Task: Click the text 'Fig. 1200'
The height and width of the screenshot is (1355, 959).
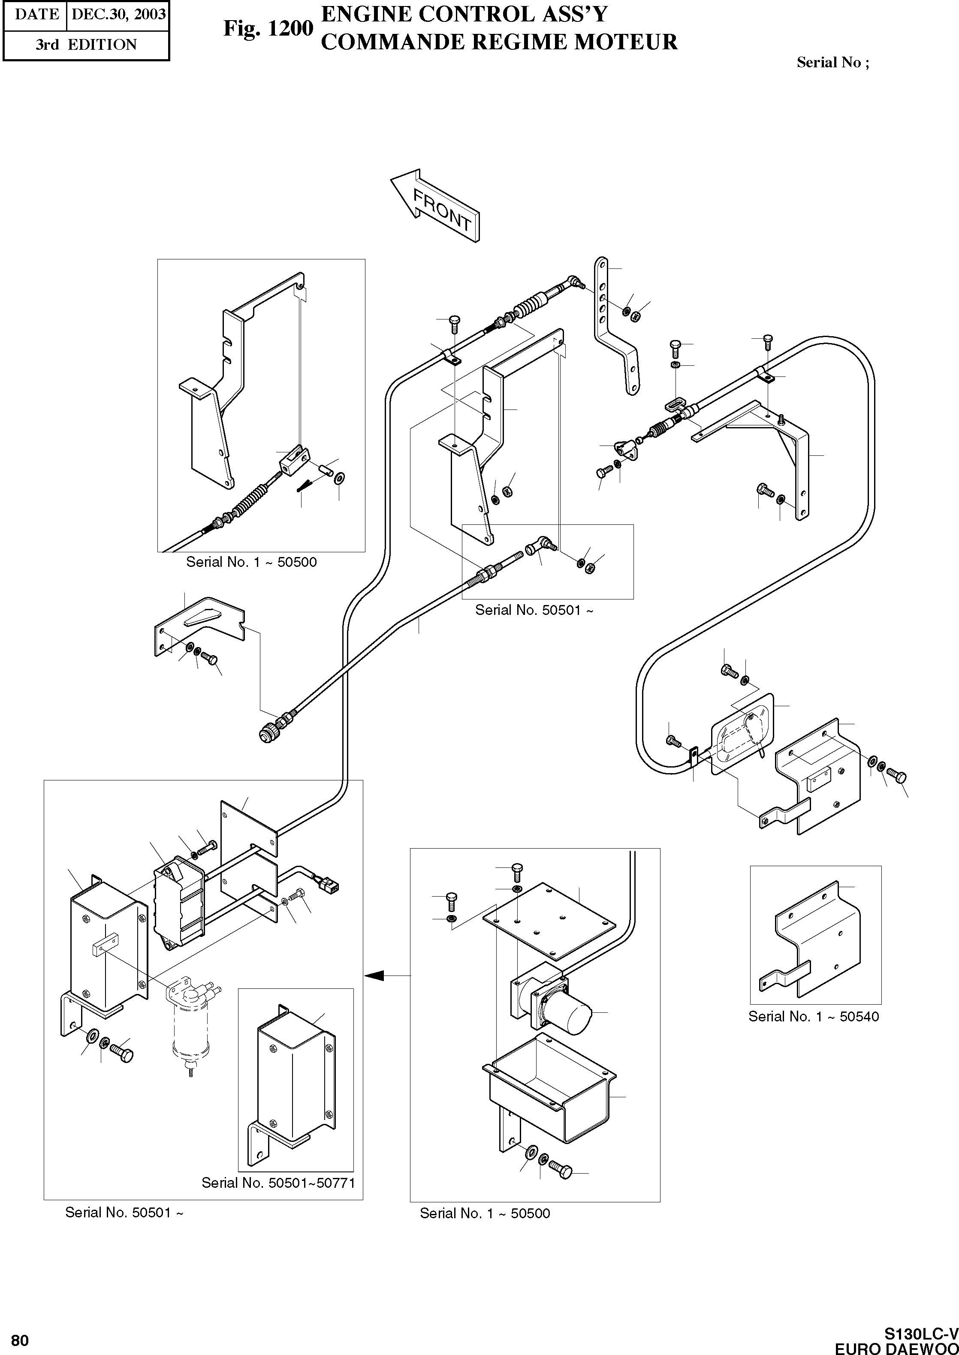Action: coord(268,28)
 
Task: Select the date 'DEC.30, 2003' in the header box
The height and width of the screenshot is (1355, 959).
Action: coord(118,14)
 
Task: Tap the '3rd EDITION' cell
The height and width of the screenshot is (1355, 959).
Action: coord(86,45)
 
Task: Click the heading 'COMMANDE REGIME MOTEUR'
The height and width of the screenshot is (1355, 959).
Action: coord(498,42)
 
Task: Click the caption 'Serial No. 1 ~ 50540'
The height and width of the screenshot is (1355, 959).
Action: coord(813,1016)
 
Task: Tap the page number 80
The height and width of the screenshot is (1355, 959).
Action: coord(19,1340)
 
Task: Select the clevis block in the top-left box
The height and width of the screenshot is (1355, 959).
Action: coord(293,459)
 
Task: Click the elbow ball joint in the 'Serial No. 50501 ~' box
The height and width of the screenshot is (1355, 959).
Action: coord(540,544)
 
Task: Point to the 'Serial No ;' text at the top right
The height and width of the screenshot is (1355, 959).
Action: coord(832,63)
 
